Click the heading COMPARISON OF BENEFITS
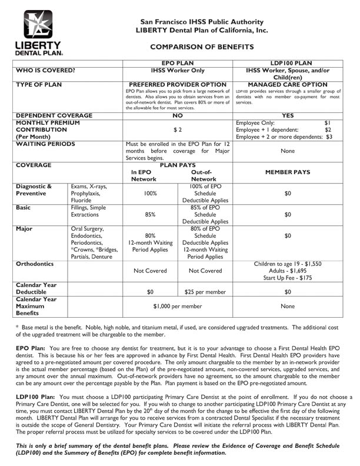point(202,46)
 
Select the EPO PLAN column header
point(178,62)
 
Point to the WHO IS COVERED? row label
point(45,71)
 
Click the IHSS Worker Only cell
point(178,71)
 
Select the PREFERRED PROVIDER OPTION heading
point(178,85)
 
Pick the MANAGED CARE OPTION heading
point(288,85)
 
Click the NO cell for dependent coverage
point(178,116)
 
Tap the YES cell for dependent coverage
point(288,116)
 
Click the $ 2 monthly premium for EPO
point(178,129)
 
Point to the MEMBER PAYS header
point(288,174)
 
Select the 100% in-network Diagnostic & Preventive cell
point(149,192)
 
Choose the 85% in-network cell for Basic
point(149,215)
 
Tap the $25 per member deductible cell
point(205,291)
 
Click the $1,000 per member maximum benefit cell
point(178,307)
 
